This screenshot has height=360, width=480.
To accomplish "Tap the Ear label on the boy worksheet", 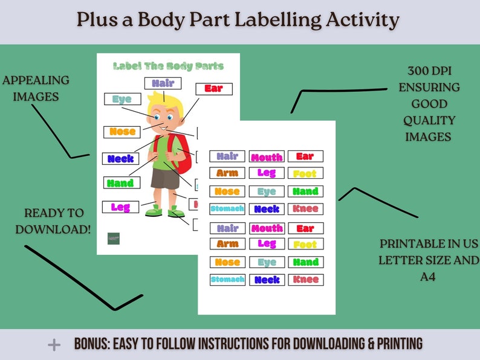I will (x=213, y=89).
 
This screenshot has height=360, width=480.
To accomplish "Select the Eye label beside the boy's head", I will (x=122, y=99).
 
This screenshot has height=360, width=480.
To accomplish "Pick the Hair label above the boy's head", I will (x=163, y=83).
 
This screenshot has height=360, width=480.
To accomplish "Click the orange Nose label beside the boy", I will (x=122, y=131).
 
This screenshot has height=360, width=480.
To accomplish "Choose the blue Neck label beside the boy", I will (x=120, y=159).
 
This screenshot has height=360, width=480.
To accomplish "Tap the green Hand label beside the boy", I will (x=121, y=182).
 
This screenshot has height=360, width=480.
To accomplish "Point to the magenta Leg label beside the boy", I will (x=120, y=207).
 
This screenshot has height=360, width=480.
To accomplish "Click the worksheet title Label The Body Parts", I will (x=168, y=66).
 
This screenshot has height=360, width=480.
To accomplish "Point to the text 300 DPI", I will (x=429, y=71).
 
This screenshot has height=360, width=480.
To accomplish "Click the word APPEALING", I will (x=36, y=80).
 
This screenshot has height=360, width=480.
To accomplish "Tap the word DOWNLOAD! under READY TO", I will (x=53, y=230).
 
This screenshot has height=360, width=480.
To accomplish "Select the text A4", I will (x=429, y=277).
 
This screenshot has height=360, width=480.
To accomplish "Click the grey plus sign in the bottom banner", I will (x=54, y=345).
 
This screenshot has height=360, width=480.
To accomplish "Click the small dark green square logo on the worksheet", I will (x=114, y=239).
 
